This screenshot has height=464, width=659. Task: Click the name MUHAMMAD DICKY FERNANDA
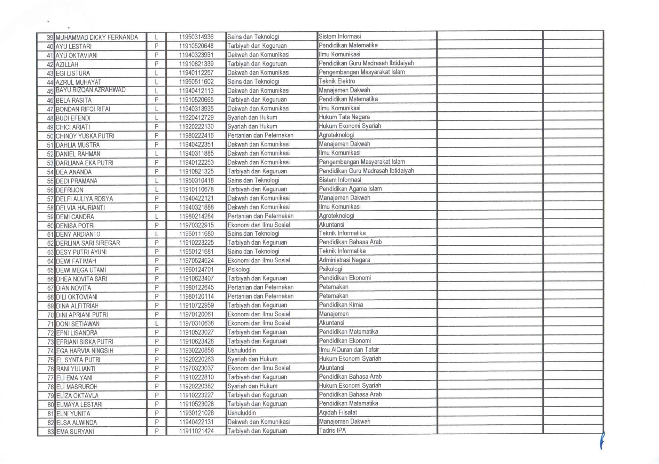click(97, 37)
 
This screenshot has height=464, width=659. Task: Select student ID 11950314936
click(196, 37)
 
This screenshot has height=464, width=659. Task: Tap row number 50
click(50, 136)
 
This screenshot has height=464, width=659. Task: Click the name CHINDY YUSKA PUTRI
click(85, 136)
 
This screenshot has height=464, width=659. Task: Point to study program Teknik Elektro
click(337, 81)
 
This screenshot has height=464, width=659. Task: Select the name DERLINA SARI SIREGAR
click(88, 243)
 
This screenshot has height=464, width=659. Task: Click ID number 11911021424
click(196, 431)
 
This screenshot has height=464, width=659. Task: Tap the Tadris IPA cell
click(332, 431)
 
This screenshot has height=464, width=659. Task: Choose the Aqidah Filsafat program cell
click(338, 413)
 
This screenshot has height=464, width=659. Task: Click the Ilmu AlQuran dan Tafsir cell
click(349, 350)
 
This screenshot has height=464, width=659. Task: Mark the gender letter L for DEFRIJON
click(156, 189)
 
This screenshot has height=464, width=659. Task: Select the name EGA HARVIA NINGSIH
click(85, 351)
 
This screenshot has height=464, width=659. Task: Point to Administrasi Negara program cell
click(345, 260)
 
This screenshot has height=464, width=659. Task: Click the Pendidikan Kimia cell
click(341, 305)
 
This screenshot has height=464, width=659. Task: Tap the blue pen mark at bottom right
click(602, 441)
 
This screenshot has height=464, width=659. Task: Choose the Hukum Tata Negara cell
click(344, 117)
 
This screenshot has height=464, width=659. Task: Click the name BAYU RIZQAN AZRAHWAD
click(91, 90)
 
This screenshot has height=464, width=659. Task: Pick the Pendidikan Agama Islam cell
click(350, 189)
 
